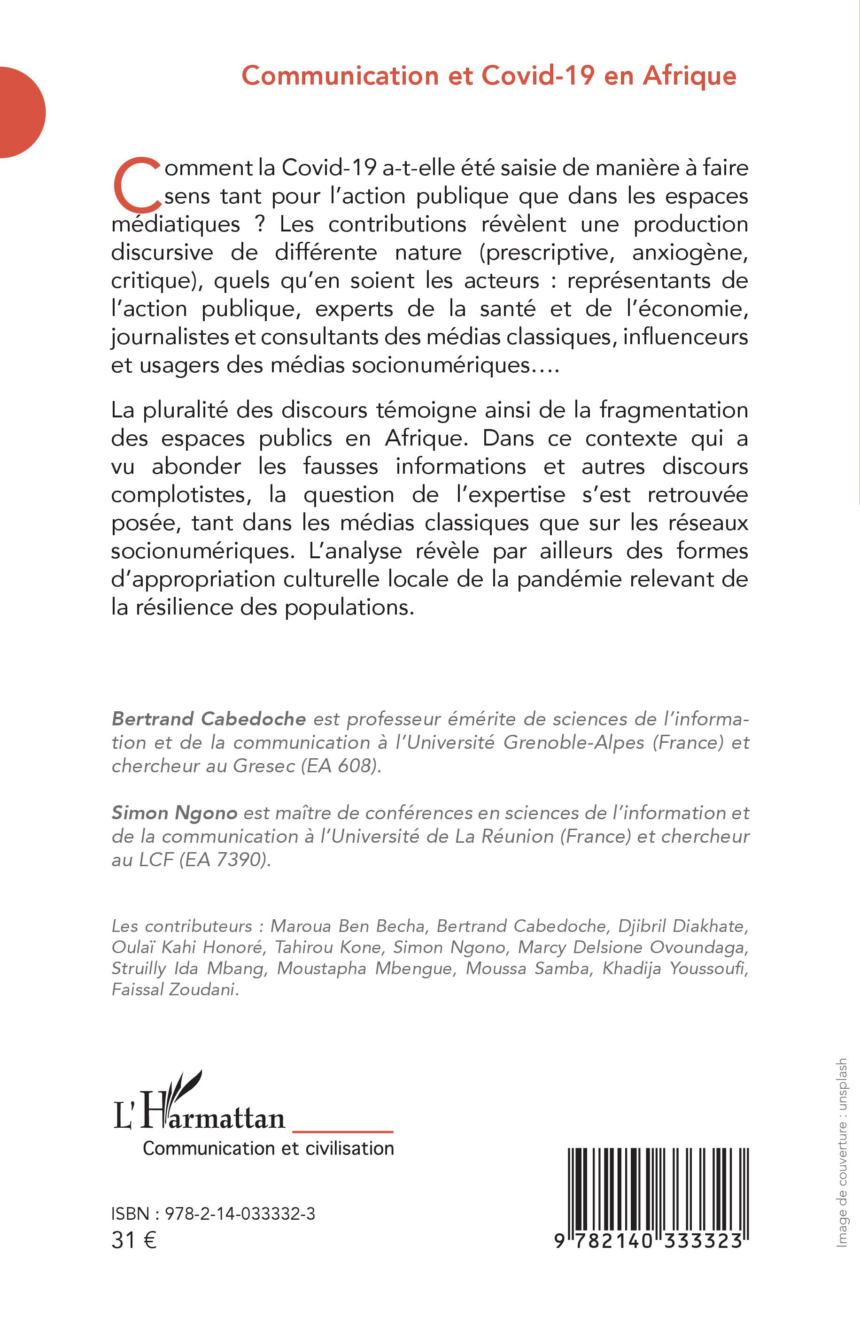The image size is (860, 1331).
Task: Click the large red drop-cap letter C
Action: coord(136,184)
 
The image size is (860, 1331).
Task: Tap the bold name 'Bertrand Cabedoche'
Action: coord(209,719)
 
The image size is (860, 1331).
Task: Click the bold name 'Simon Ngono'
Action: coord(175,813)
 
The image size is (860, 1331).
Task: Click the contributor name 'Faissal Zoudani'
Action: coord(175,990)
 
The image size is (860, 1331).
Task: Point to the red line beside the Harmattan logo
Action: coord(343,1131)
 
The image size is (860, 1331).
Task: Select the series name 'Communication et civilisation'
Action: coord(269,1148)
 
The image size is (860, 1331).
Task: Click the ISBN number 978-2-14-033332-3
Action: coord(240,1214)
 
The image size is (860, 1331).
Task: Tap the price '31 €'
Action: coord(134,1240)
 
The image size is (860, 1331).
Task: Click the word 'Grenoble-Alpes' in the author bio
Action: coord(574,742)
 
